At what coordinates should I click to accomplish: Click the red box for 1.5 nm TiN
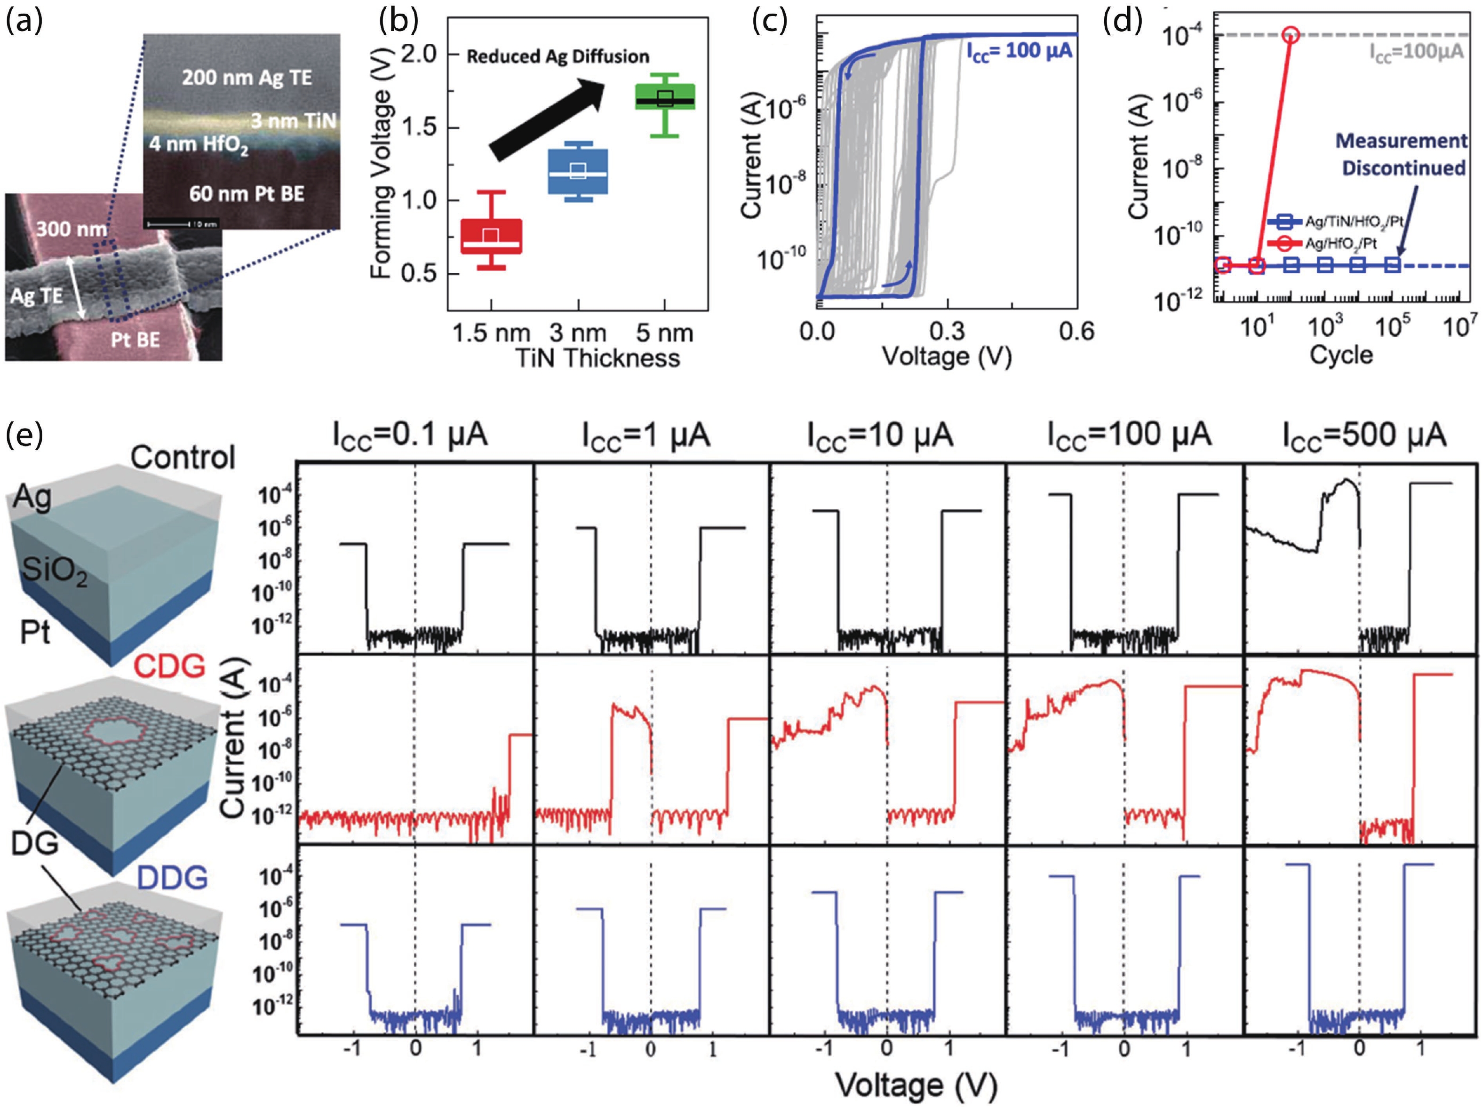point(491,236)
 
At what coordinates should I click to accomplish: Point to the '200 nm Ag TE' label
point(247,78)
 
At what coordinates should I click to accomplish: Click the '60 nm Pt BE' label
point(247,194)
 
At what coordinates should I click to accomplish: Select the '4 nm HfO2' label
point(199,145)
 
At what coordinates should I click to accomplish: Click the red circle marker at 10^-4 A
point(1291,35)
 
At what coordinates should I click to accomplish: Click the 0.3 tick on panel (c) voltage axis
point(948,330)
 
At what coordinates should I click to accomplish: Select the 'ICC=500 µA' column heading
point(1364,436)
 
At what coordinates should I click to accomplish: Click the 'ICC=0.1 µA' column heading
point(410,436)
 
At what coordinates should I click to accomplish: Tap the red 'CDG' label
point(169,666)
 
